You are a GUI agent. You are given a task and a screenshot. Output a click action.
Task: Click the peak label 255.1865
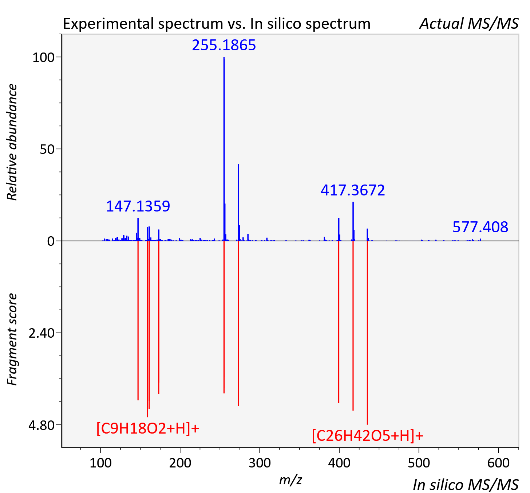(224, 45)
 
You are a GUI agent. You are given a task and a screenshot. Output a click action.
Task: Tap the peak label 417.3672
(352, 190)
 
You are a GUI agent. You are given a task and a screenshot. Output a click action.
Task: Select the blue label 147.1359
(138, 206)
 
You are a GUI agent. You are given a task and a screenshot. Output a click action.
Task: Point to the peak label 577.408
(480, 227)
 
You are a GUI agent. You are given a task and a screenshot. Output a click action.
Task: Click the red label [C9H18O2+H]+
(148, 428)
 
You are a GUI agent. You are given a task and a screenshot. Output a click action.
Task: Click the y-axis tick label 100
(43, 57)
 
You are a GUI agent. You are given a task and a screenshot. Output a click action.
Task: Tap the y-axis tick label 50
(47, 149)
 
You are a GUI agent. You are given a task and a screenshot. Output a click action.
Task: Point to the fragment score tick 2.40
(41, 333)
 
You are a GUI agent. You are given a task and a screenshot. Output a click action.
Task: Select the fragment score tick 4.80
(41, 425)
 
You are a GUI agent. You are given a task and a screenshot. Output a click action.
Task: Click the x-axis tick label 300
(260, 463)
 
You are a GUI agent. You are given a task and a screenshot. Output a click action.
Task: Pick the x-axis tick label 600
(498, 463)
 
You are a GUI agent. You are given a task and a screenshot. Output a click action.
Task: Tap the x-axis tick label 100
(100, 463)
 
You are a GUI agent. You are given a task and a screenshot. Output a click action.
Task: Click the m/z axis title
(290, 480)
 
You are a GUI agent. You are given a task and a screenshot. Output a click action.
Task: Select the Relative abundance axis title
(12, 142)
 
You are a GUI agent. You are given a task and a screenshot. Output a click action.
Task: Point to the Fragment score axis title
(12, 339)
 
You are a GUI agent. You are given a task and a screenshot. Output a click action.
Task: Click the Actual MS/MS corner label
(469, 24)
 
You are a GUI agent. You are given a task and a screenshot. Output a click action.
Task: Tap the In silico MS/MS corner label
(466, 485)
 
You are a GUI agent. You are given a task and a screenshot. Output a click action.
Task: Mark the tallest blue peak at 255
(224, 149)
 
